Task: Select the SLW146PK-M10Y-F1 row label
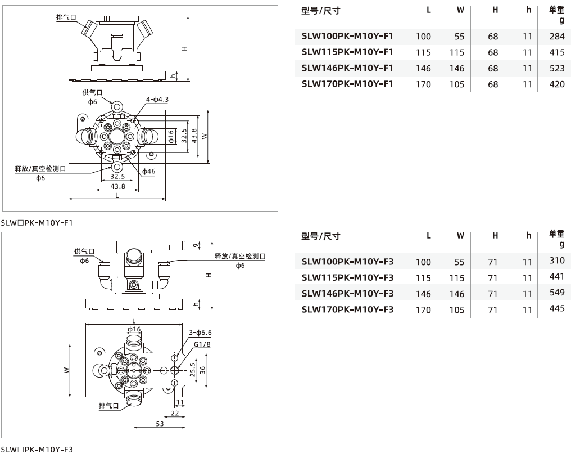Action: (347, 68)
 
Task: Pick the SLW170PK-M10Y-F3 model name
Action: (347, 309)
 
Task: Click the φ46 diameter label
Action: (148, 171)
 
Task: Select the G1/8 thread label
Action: (202, 344)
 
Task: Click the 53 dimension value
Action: (160, 424)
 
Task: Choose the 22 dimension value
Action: (175, 413)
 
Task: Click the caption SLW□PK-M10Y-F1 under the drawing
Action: (37, 222)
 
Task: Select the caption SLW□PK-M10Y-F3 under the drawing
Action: (37, 448)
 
